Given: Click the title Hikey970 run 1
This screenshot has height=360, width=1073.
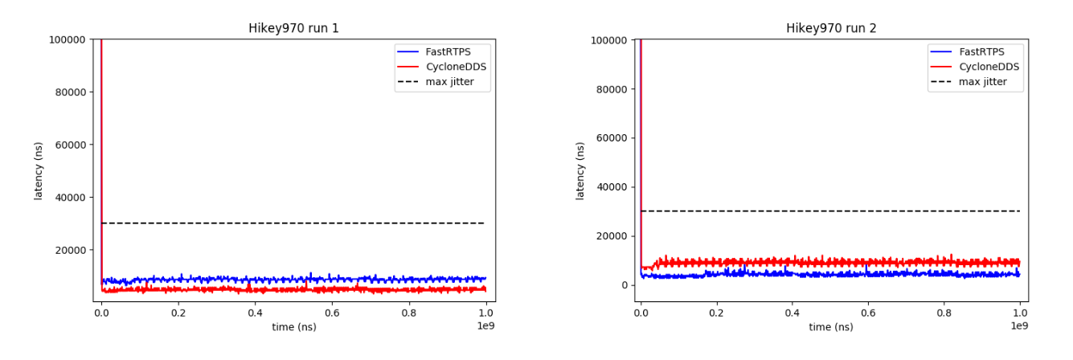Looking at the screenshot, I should pos(293,28).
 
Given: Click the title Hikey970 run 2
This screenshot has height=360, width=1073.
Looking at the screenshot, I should pos(831,28).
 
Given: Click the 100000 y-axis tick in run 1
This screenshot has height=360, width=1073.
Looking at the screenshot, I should pos(68,39).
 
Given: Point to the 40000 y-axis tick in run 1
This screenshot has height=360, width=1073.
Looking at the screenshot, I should pos(71,197).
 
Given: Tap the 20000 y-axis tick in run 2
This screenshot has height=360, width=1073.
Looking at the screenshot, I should pos(611,236).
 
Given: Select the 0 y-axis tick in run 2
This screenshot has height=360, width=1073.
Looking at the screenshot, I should pos(624,285).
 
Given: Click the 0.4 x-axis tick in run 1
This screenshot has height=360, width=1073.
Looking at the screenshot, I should pos(255,314).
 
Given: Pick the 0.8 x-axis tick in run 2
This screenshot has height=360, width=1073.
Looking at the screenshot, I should pos(944,314).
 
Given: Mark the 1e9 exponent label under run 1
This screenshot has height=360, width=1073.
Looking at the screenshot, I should pos(485,326).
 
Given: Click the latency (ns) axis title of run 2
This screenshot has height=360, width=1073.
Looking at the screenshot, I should pos(580,170).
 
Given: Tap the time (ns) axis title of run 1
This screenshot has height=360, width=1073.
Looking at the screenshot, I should pos(293,328).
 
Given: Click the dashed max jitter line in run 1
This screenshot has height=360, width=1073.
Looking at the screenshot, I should pos(321,223).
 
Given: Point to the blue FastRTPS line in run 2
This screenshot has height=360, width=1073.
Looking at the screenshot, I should pos(804,274).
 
